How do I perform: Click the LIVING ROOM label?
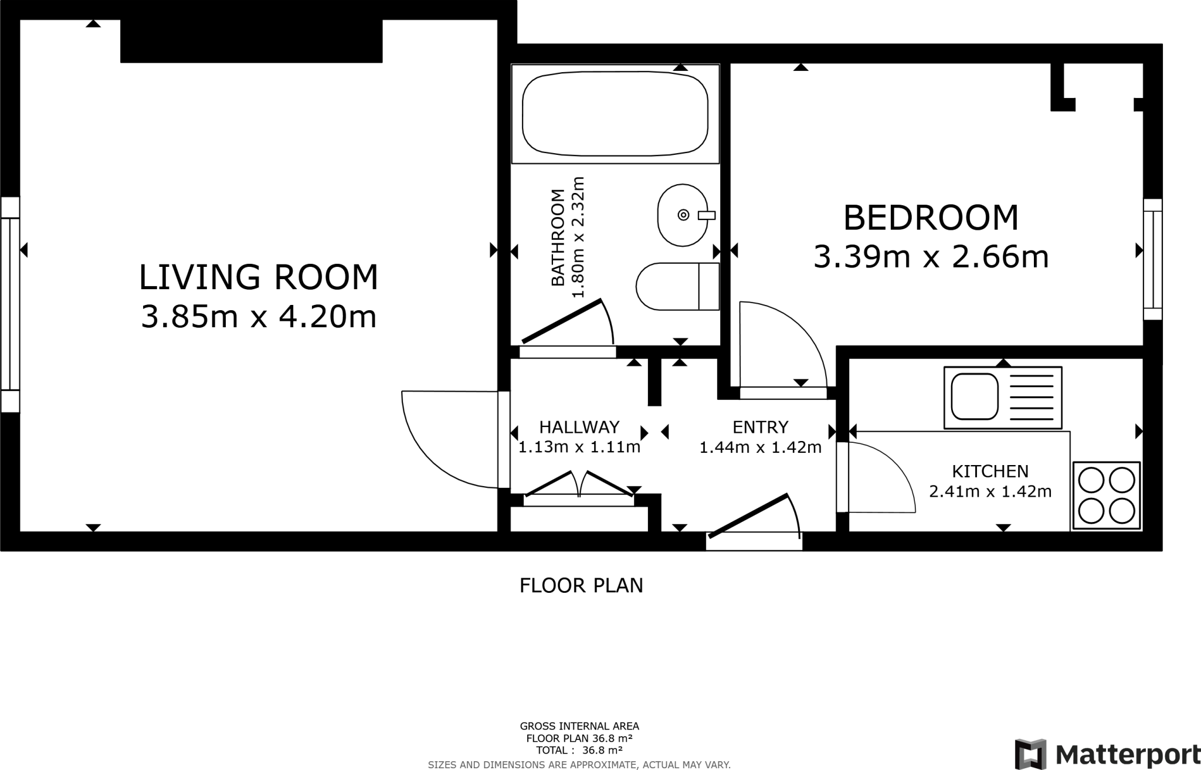point(259,277)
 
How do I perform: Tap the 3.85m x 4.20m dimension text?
point(259,317)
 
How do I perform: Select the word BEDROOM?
point(931,218)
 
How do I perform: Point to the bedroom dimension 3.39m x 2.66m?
point(931,257)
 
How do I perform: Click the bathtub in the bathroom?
point(615,114)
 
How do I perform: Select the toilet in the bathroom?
point(677,286)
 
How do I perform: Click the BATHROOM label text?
point(558,238)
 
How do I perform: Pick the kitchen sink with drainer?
point(1003,398)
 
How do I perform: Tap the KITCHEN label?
point(990,472)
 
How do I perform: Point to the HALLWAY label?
point(579,427)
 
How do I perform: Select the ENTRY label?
point(761,427)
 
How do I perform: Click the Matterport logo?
point(1107,754)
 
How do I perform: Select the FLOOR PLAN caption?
point(581,585)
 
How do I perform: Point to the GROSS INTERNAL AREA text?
point(579,727)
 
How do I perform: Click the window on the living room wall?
point(10,304)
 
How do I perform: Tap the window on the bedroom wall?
point(1153,259)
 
